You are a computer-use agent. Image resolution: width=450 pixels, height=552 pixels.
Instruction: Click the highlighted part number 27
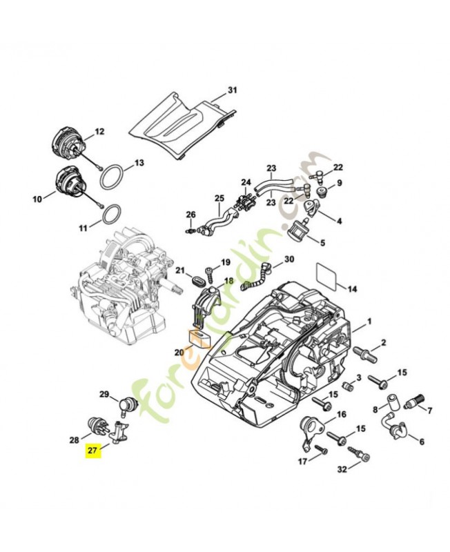click(92, 451)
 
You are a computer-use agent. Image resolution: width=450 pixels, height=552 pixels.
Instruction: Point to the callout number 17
click(302, 461)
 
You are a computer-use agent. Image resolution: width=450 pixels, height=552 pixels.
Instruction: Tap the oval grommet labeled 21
click(195, 280)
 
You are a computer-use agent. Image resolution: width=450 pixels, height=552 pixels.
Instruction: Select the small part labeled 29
click(126, 403)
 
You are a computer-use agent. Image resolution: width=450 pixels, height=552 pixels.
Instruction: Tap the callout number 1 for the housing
click(369, 321)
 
